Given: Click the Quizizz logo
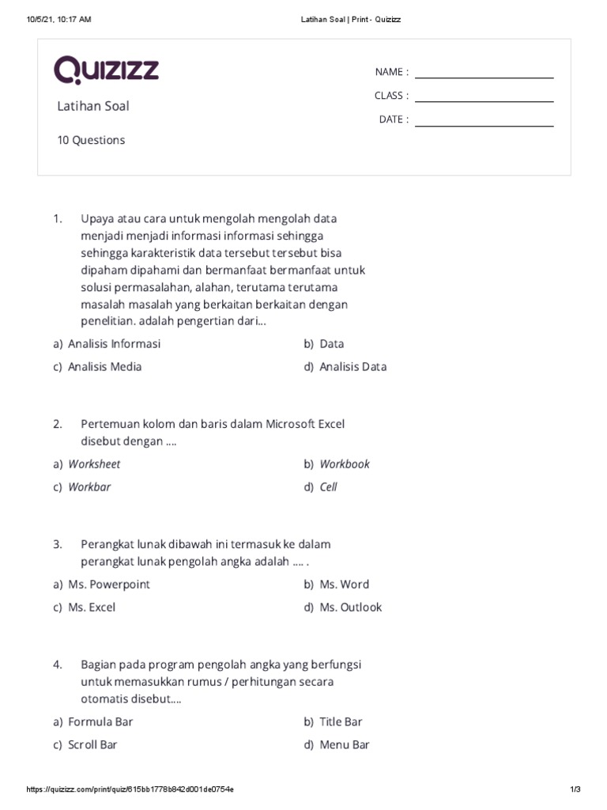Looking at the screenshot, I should click(x=106, y=70).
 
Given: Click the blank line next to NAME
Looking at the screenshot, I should click(x=484, y=77).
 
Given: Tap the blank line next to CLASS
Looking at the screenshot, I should click(x=484, y=100).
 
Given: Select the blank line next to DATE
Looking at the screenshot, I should click(x=484, y=125).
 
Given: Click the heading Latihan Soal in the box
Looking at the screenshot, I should click(x=92, y=106).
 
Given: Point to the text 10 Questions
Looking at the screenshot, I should click(x=91, y=140).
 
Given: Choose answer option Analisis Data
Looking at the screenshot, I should click(x=353, y=367).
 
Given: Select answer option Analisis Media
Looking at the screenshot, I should click(x=104, y=367).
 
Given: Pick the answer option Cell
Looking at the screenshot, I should click(x=328, y=487).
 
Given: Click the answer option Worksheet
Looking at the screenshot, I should click(x=94, y=464).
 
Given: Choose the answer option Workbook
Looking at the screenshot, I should click(x=344, y=464).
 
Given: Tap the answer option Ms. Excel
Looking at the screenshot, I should click(x=92, y=607).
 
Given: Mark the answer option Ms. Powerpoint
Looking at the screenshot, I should click(x=108, y=585).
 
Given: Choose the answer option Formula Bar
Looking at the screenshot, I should click(x=100, y=721).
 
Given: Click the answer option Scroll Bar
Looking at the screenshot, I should click(x=92, y=744).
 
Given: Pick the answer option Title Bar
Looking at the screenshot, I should click(x=341, y=721).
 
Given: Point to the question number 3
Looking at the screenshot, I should click(x=58, y=544).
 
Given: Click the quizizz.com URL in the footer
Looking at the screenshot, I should click(x=130, y=789).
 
